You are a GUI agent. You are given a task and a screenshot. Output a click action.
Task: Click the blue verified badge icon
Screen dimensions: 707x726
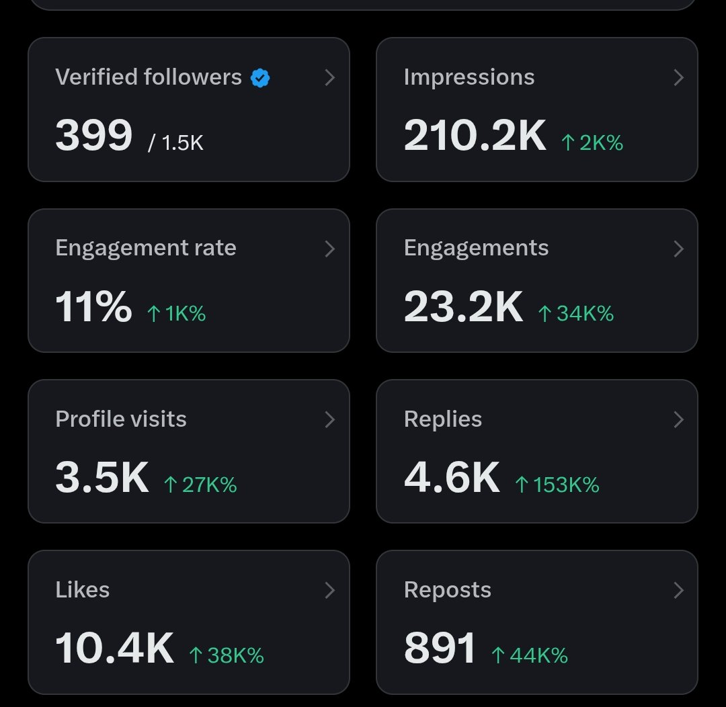pos(260,79)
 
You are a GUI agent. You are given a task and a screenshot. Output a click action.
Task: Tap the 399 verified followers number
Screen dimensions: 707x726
pos(94,136)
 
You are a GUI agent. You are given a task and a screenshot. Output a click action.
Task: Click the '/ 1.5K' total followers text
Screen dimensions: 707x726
pos(175,142)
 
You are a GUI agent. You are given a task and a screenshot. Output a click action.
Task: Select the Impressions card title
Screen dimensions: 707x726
pos(469,77)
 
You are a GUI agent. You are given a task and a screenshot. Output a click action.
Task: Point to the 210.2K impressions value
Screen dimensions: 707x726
pos(475,136)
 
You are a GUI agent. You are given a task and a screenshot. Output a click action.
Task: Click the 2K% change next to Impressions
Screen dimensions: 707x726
pos(592,142)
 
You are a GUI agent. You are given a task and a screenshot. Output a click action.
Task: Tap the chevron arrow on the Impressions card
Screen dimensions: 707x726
pos(678,78)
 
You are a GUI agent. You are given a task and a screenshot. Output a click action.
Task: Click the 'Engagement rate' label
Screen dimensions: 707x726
pos(146,248)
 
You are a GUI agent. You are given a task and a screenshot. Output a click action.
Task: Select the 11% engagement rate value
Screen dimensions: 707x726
pos(93,307)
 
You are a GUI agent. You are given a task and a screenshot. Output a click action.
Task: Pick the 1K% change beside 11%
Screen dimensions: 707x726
pos(176,313)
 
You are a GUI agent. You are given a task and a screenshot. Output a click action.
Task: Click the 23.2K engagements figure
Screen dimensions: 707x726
pos(463,307)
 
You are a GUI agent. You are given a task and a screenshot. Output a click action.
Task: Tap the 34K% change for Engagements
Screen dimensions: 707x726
pos(576,313)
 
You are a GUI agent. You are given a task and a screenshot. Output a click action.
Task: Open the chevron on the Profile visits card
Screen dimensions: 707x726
pos(329,419)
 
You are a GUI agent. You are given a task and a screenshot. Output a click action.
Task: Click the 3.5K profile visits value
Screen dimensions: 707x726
pos(102,478)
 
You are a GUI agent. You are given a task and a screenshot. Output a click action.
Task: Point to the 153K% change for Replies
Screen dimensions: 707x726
pos(557,485)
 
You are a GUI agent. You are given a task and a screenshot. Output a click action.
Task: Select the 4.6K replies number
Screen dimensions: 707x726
pos(452,478)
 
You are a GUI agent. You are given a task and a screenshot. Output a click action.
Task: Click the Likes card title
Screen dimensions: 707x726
pos(83,590)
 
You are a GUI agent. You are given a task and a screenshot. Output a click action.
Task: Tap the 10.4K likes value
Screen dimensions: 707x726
pos(114,649)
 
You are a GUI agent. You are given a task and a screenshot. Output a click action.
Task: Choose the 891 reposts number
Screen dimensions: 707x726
pos(440,649)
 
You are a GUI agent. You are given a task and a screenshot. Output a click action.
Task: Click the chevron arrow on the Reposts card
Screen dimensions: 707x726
pos(678,590)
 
